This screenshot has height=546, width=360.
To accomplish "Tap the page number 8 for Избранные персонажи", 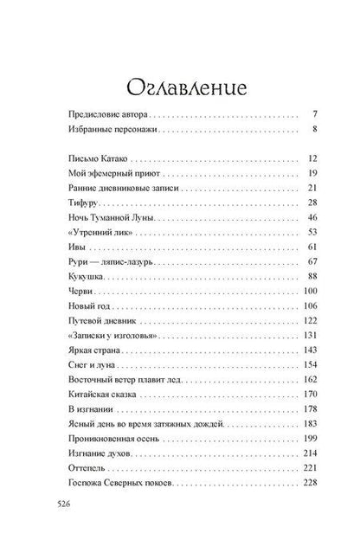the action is (x=317, y=131).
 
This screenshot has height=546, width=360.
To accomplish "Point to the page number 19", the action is (x=314, y=173).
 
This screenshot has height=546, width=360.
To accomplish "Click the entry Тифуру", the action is (x=82, y=202).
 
